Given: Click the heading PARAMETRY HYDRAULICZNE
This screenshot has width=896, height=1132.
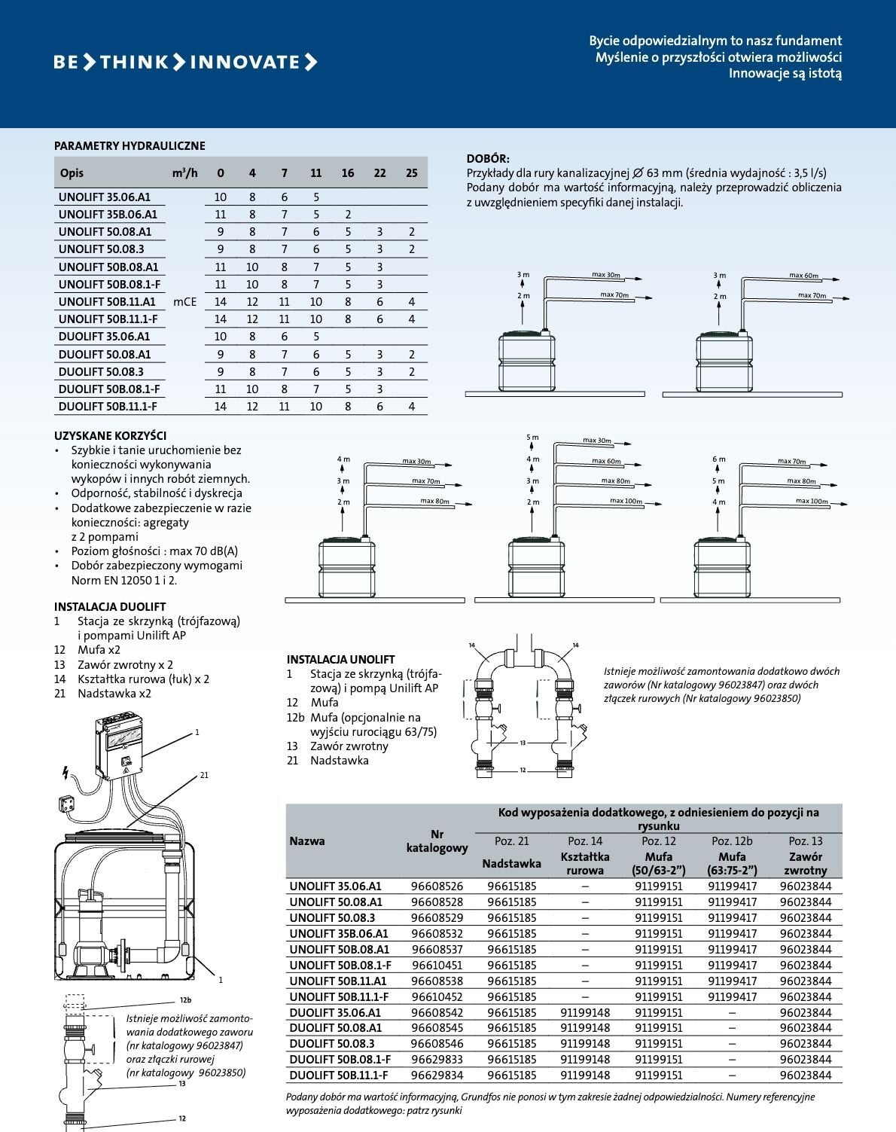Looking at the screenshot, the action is (130, 146).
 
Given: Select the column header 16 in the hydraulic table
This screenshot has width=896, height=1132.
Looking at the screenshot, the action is (348, 173).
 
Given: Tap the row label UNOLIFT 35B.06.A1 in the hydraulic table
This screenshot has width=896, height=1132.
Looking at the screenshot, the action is (108, 215).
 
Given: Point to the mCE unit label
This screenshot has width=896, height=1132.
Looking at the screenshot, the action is (184, 302).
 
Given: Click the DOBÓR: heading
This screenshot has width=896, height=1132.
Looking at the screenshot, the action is (488, 158).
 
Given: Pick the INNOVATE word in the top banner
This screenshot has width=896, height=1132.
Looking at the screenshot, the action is (245, 63).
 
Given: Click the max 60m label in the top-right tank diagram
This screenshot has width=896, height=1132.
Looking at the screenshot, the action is (803, 275).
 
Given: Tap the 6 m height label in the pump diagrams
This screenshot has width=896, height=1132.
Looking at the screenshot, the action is (718, 459).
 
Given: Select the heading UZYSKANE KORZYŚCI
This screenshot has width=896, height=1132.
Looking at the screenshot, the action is (110, 435).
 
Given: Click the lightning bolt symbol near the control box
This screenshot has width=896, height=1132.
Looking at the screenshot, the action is (66, 773).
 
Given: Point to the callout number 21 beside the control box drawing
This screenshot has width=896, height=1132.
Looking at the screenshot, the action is (204, 775).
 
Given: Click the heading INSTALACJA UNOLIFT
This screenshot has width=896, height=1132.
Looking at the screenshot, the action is (341, 660).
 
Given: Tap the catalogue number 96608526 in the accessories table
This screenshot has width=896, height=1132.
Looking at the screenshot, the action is (437, 886).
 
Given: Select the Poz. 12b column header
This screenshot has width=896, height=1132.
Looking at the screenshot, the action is (732, 841).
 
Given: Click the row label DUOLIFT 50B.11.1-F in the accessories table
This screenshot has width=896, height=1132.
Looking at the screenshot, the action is (339, 1076).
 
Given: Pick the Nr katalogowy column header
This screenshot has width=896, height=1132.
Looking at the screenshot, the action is (437, 841).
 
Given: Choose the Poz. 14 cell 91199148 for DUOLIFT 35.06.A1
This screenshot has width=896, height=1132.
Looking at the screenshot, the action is (585, 1012).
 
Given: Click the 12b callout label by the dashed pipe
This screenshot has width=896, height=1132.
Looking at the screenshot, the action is (186, 1000).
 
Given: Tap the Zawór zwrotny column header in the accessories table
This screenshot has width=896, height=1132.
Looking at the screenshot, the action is (805, 863).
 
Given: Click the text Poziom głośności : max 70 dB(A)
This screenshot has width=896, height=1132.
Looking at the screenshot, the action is (154, 551).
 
